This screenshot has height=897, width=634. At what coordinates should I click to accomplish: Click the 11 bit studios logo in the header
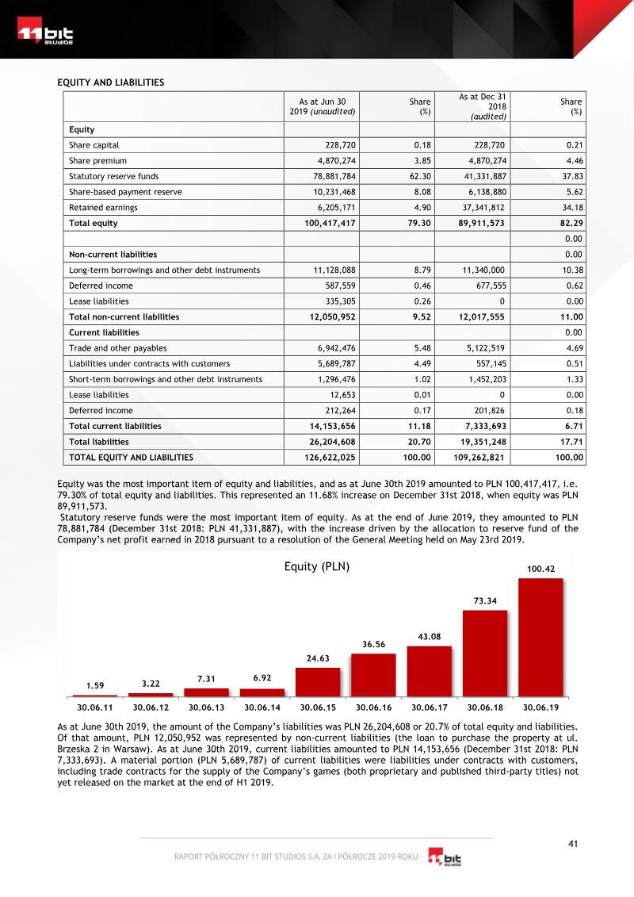45,33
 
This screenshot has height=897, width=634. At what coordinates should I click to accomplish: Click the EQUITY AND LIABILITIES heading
111,82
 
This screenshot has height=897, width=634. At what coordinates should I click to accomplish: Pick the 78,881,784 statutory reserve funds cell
323,176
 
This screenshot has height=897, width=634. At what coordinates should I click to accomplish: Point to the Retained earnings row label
103,208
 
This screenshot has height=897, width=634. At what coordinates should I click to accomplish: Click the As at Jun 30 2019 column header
322,106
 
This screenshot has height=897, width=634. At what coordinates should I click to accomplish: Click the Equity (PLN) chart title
316,567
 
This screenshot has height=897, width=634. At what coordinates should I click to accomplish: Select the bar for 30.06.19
540,636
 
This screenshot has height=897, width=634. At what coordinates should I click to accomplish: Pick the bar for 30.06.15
318,681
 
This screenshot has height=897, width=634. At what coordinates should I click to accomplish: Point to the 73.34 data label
485,600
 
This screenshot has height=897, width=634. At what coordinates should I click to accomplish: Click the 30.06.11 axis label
94,707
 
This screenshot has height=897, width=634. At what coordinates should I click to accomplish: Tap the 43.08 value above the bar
429,637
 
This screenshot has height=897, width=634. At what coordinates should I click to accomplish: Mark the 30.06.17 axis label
429,707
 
